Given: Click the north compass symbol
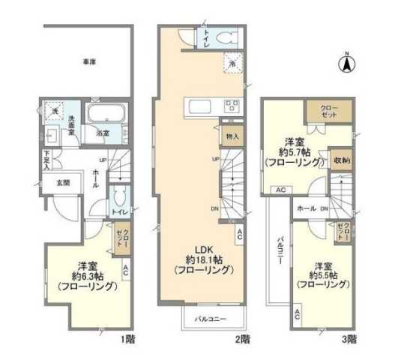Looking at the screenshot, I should [347, 64].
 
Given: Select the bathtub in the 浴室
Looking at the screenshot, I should [105, 116].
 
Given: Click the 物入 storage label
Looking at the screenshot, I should [231, 136].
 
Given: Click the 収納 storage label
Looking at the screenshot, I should [341, 160].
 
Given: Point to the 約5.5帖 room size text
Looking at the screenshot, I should [324, 275].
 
